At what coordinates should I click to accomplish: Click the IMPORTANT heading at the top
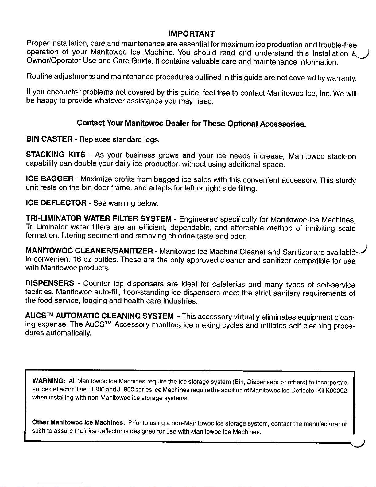click(x=192, y=33)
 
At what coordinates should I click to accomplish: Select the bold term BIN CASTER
click(x=49, y=139)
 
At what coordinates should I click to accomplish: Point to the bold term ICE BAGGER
click(x=50, y=179)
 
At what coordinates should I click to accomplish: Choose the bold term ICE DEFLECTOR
click(x=56, y=203)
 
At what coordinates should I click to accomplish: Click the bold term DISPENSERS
click(x=50, y=283)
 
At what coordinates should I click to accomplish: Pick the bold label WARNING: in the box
click(x=48, y=381)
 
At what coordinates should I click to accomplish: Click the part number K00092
click(x=337, y=390)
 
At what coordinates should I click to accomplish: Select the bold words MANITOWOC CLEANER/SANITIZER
click(x=89, y=251)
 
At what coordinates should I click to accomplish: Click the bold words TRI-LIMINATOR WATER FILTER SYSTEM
click(x=99, y=219)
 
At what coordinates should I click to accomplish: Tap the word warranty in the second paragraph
click(x=341, y=78)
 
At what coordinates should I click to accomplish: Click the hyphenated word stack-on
click(x=342, y=157)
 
